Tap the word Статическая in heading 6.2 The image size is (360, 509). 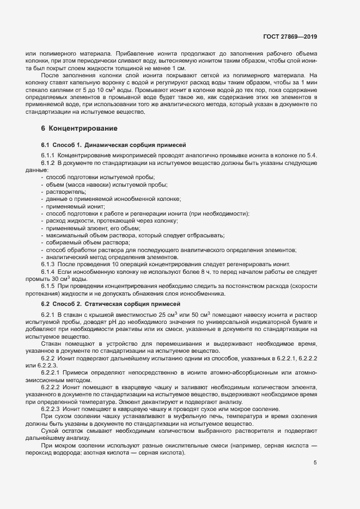(109, 303)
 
